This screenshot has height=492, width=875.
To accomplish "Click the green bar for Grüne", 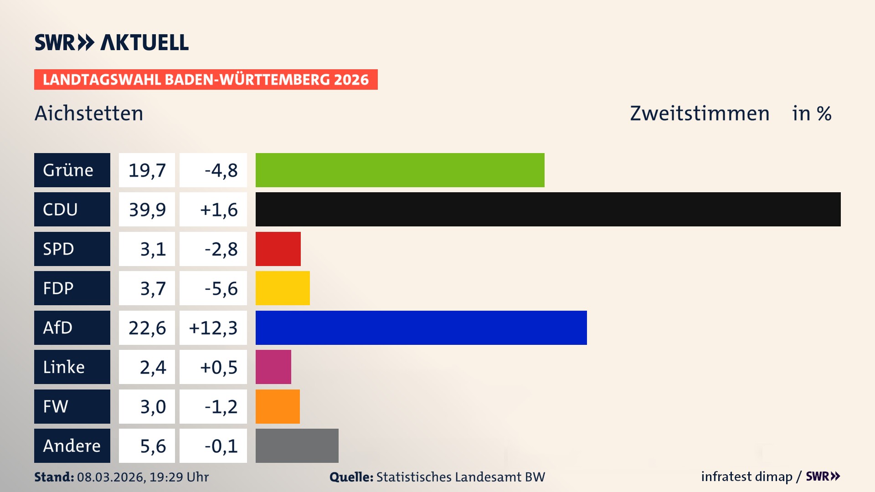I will (x=400, y=170).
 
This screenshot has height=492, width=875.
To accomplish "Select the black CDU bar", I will (x=548, y=209).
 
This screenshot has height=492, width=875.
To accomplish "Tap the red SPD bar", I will (x=278, y=249).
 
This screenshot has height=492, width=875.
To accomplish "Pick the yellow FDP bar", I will (x=283, y=288).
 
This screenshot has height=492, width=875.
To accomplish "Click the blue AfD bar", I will (x=421, y=328).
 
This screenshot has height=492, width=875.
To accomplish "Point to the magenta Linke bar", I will (x=273, y=367).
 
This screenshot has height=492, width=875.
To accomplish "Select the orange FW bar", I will (x=278, y=406).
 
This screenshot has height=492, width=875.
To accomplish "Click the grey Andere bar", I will (x=297, y=446).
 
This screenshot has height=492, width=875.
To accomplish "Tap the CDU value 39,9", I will (x=147, y=210).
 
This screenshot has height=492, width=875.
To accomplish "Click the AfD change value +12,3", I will (x=213, y=328).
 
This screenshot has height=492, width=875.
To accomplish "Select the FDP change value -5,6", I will (x=221, y=288).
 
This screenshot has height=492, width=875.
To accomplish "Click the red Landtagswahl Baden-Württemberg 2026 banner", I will (x=206, y=79).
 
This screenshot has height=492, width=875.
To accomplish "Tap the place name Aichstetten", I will (x=89, y=113).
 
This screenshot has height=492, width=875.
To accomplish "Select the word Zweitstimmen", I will (x=700, y=113).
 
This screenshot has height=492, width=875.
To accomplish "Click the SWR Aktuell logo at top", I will (x=111, y=42).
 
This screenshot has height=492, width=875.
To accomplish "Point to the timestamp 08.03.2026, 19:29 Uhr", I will (x=143, y=477).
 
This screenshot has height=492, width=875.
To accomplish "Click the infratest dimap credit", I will (x=746, y=477).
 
